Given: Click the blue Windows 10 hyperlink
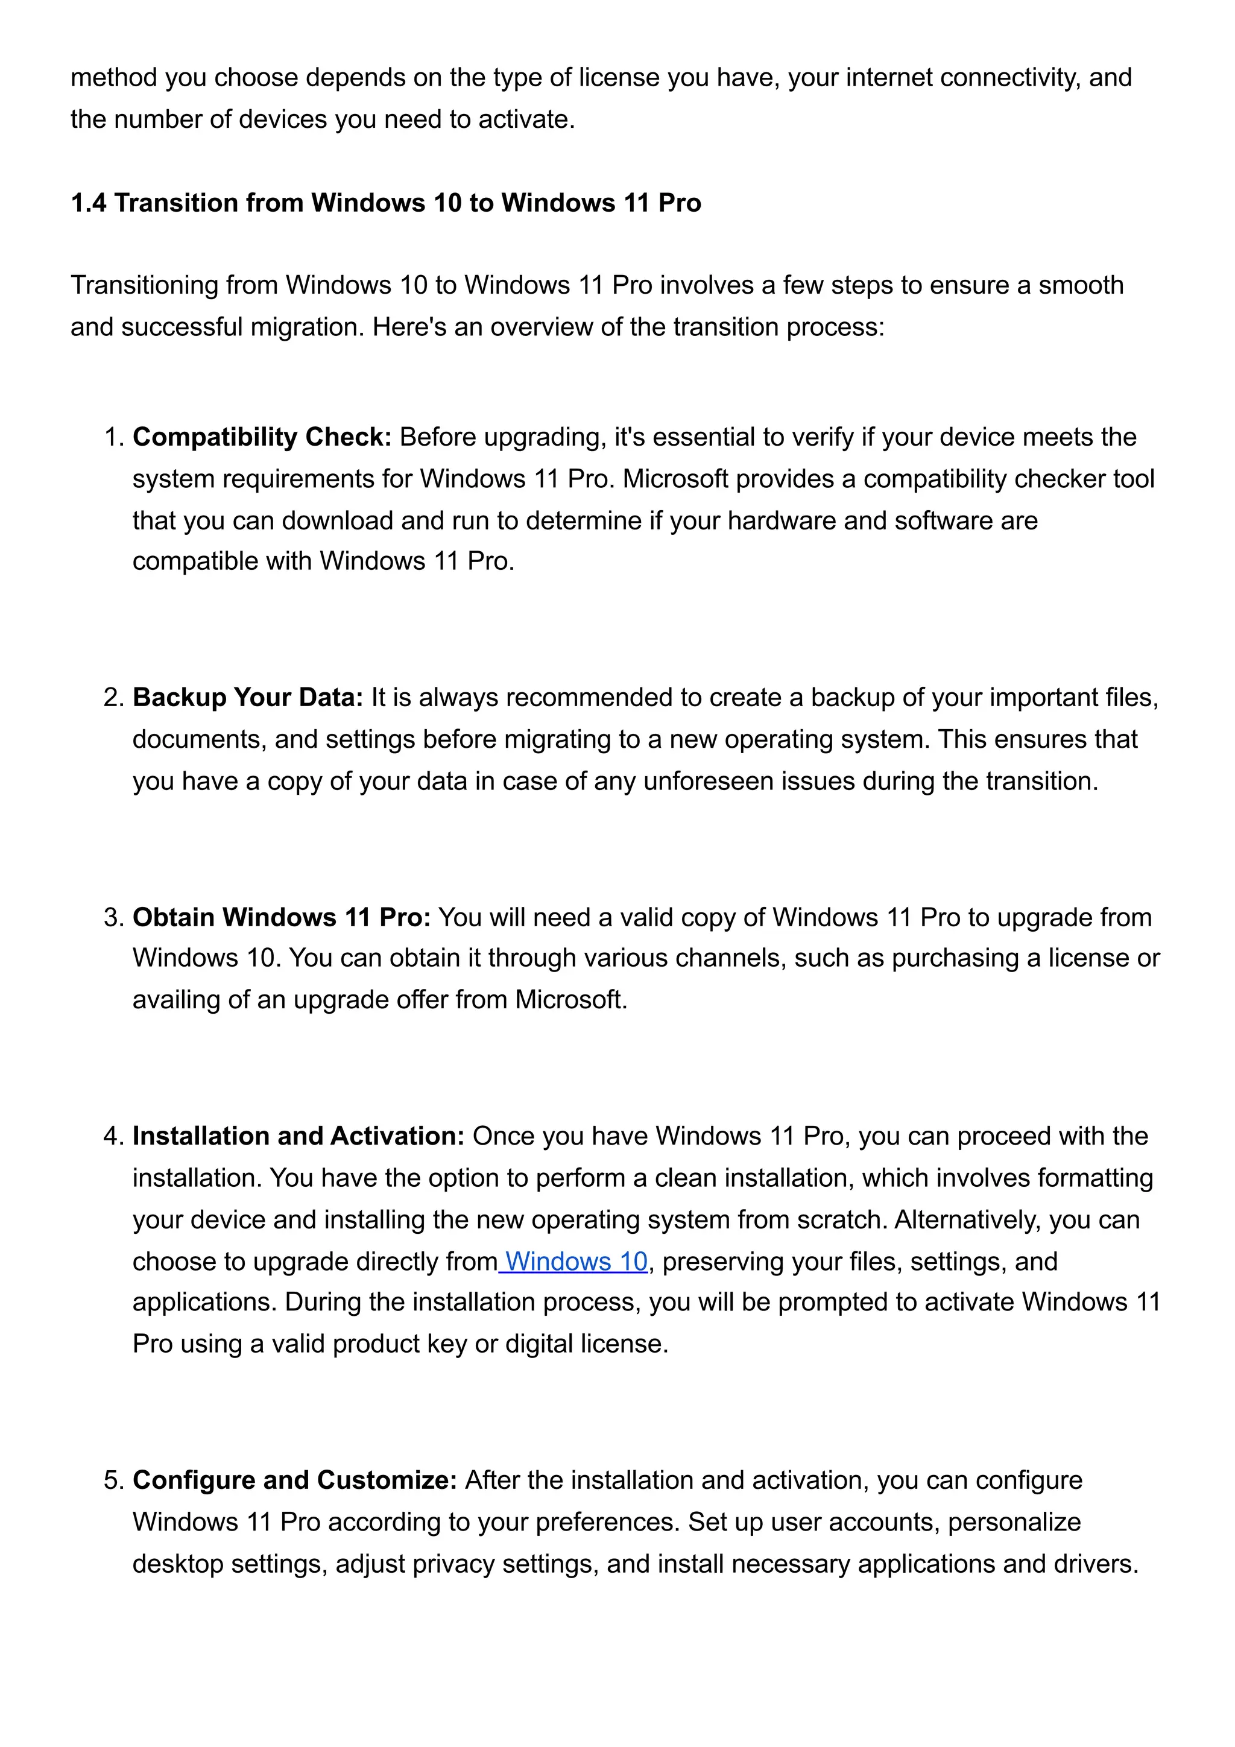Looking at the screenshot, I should tap(576, 1262).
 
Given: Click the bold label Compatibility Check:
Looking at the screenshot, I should tap(262, 438).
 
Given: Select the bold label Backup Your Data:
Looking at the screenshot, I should tap(248, 698).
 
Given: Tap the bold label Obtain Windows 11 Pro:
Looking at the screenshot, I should tap(282, 918).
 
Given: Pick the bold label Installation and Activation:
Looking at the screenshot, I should tap(298, 1136).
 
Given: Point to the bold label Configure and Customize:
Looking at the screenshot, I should tap(294, 1480).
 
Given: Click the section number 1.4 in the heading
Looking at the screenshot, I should tap(88, 203).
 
